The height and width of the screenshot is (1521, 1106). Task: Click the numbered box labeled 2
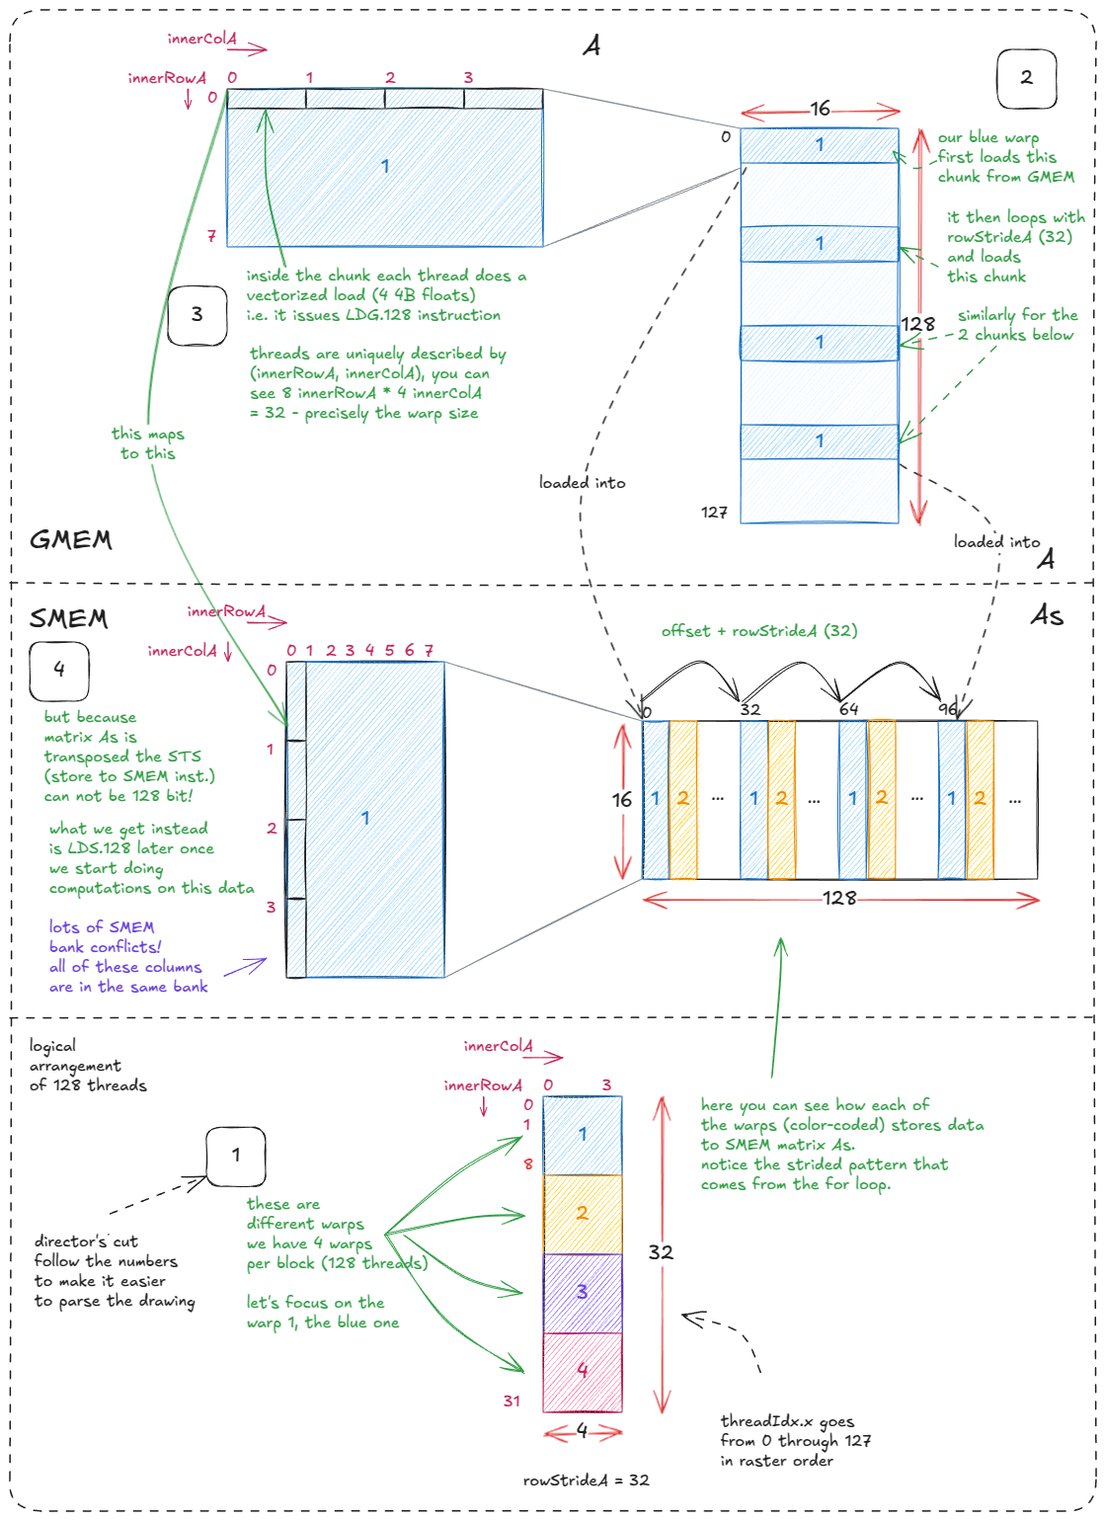pyautogui.click(x=1026, y=78)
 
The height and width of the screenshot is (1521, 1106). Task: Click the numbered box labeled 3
pyautogui.click(x=197, y=315)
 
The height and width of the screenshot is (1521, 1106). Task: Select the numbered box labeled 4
pyautogui.click(x=59, y=671)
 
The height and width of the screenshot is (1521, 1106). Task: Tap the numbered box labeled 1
pyautogui.click(x=235, y=1156)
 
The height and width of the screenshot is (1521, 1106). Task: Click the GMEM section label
pyautogui.click(x=70, y=539)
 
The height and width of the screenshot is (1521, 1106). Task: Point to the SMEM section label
pyautogui.click(x=68, y=619)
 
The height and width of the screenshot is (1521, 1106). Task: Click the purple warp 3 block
pyautogui.click(x=583, y=1293)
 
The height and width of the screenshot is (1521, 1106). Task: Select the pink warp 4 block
pyautogui.click(x=583, y=1372)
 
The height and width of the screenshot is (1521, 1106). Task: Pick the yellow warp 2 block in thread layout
pyautogui.click(x=583, y=1214)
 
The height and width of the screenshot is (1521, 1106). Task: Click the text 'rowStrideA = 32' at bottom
pyautogui.click(x=586, y=1480)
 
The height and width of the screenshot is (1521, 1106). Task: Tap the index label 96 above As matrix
pyautogui.click(x=947, y=709)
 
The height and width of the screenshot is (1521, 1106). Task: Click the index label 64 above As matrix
pyautogui.click(x=848, y=709)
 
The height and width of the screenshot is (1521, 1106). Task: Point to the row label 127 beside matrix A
pyautogui.click(x=714, y=512)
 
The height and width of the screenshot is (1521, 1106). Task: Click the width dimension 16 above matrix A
pyautogui.click(x=820, y=109)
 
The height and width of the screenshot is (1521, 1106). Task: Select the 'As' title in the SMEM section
pyautogui.click(x=1047, y=616)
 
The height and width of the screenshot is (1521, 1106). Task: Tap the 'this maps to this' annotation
pyautogui.click(x=147, y=443)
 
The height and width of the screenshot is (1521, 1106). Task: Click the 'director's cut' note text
pyautogui.click(x=114, y=1271)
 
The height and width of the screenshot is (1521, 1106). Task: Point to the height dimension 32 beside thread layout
pyautogui.click(x=661, y=1252)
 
